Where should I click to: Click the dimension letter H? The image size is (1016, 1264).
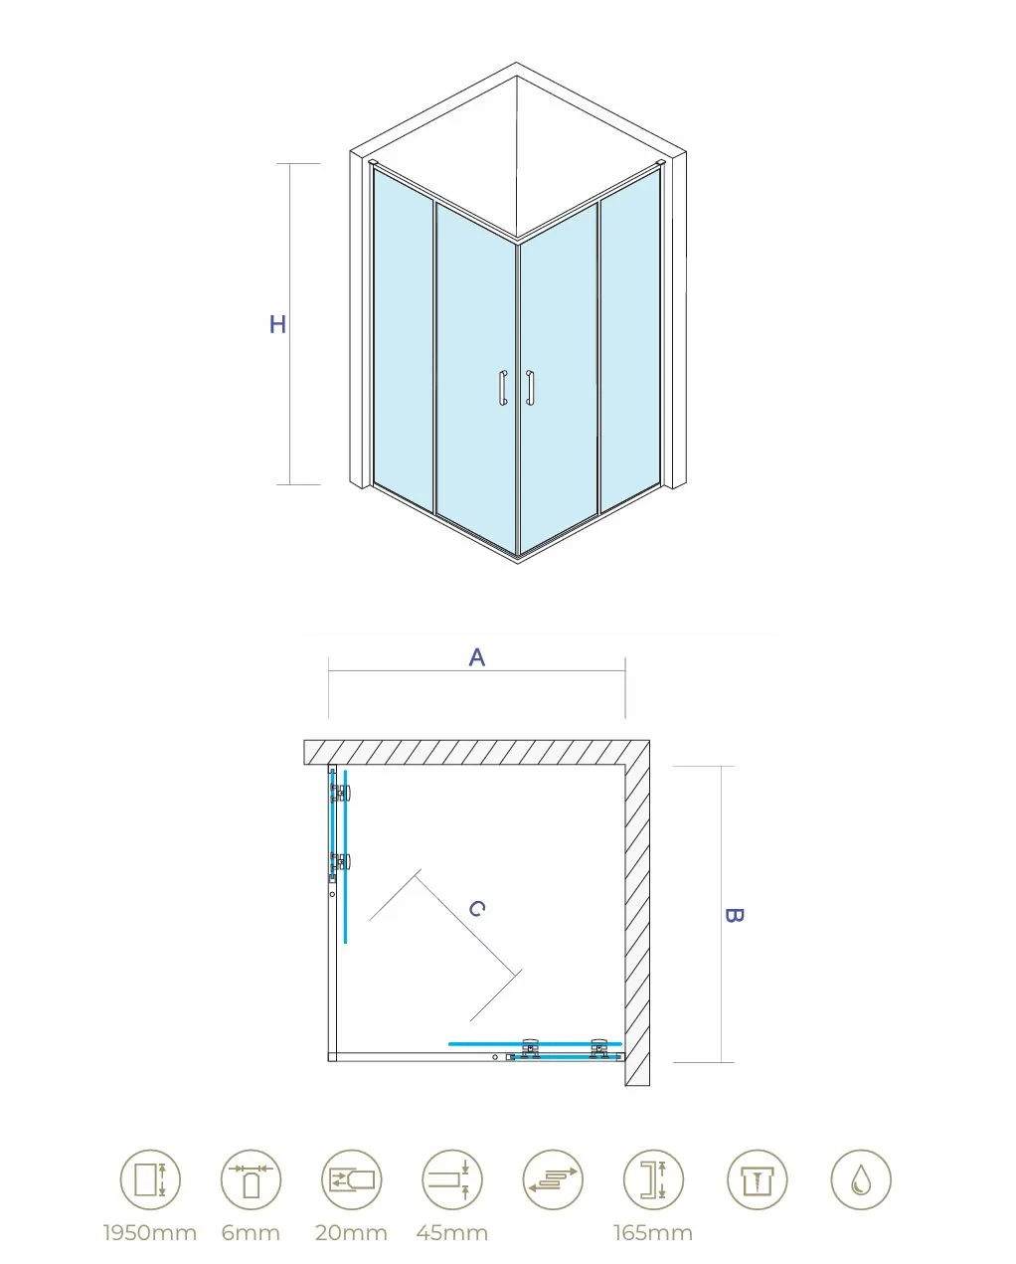pos(277,324)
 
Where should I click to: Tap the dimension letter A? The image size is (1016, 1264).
pos(477,657)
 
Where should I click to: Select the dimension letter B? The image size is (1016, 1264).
pos(734,915)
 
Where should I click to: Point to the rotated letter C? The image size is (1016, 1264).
pos(477,909)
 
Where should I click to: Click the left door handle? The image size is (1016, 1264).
pos(503,388)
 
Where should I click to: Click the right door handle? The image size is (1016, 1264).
pos(530,388)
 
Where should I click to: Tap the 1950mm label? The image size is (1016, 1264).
pos(150,1233)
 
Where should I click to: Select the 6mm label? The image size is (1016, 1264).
pos(251,1233)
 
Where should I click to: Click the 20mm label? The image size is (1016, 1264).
pos(351,1233)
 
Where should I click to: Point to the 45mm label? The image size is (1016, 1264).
pos(452,1233)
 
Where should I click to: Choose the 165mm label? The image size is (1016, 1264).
pos(653,1233)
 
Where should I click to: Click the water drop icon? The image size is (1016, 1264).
pos(861,1180)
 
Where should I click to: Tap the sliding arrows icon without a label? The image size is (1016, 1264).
pos(553,1180)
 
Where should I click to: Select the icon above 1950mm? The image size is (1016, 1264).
pos(150,1180)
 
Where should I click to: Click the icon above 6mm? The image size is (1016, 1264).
pos(251,1180)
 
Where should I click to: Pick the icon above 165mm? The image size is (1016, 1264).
pos(654,1180)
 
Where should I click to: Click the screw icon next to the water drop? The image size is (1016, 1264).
pos(757,1180)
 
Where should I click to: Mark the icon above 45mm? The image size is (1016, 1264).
pos(452,1180)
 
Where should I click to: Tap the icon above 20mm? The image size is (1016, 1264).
pos(352,1180)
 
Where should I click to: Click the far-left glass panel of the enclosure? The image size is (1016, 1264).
pos(404,341)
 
